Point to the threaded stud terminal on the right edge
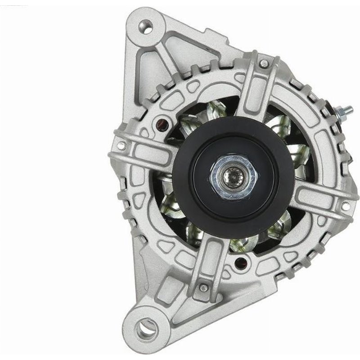pos(346,111)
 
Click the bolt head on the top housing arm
pos(264,63)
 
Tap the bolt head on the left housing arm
pos(121,145)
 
